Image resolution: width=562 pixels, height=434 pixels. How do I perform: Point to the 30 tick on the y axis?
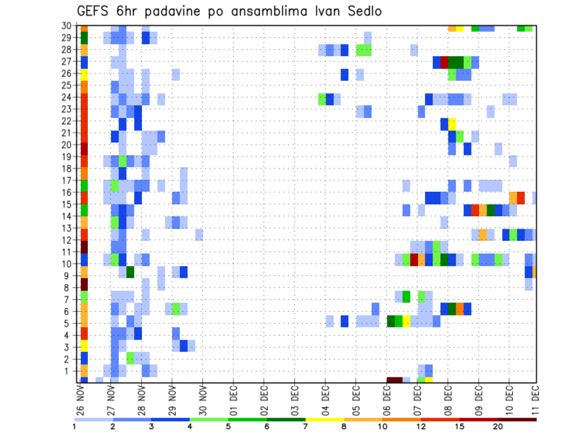click(67, 26)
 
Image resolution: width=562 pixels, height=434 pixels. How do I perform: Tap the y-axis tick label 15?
click(67, 204)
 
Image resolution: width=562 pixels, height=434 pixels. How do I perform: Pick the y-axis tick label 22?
click(67, 121)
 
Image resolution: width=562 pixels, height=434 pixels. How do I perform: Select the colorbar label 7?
click(306, 426)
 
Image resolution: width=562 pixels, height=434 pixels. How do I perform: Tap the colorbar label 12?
click(421, 426)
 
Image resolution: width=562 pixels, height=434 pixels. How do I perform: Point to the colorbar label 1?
click(75, 426)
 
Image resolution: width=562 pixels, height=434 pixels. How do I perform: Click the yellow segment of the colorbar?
click(325, 419)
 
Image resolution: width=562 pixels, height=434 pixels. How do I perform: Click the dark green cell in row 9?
click(130, 272)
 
